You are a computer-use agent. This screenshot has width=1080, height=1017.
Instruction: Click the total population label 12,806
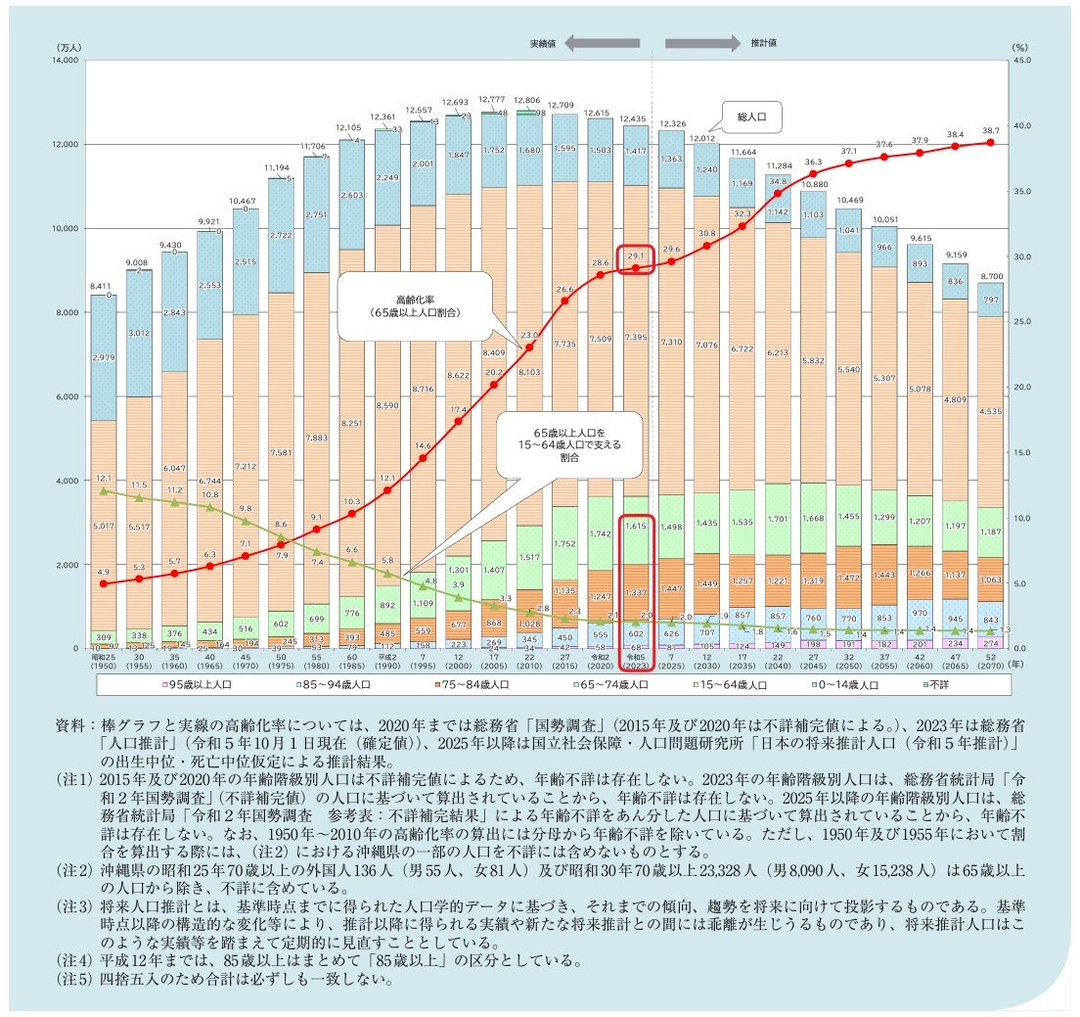(528, 101)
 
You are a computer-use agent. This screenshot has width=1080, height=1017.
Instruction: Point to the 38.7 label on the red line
(990, 130)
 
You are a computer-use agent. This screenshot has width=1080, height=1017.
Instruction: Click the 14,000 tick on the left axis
(65, 61)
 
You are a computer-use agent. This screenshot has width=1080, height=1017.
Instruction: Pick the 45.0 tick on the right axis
(1017, 61)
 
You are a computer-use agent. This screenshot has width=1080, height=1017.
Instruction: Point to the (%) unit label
(1018, 45)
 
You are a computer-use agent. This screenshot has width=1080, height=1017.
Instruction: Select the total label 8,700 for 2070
(990, 276)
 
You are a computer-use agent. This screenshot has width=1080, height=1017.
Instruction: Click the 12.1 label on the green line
(104, 479)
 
